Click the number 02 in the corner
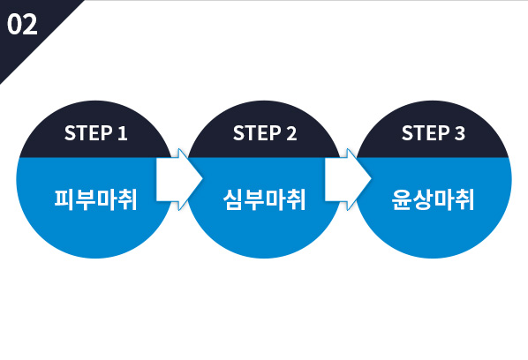[x=22, y=24]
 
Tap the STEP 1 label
[x=96, y=133]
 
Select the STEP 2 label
[x=265, y=133]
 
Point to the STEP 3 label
[x=434, y=133]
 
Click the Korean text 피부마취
[x=96, y=199]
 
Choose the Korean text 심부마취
[x=265, y=199]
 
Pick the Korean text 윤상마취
[x=434, y=199]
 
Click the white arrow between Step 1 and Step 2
[x=179, y=179]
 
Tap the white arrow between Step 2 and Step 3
[x=348, y=179]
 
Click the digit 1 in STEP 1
[x=123, y=133]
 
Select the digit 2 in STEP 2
[x=291, y=133]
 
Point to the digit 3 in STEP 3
[x=460, y=133]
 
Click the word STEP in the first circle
[x=88, y=133]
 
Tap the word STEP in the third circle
[x=426, y=133]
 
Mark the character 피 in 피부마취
[x=64, y=199]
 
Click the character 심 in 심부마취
[x=233, y=199]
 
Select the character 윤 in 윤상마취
[x=402, y=199]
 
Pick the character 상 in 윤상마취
[x=422, y=199]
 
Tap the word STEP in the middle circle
[x=257, y=133]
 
